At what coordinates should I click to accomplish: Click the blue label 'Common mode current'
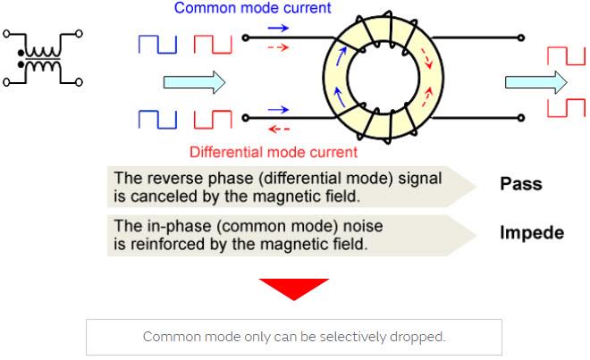[x=252, y=8]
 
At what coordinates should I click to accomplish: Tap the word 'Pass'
[x=520, y=185]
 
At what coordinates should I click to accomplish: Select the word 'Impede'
[x=532, y=233]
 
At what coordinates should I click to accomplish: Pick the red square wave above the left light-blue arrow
[x=213, y=45]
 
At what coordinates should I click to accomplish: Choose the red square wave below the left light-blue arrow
[x=213, y=118]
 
